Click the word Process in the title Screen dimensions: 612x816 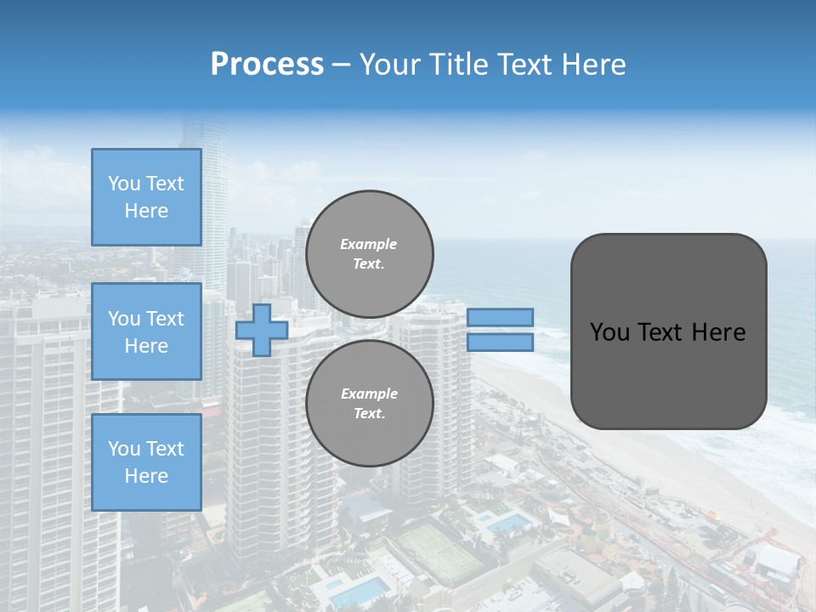pyautogui.click(x=267, y=65)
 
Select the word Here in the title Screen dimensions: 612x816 pyautogui.click(x=592, y=65)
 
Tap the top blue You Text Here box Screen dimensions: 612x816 pyautogui.click(x=146, y=197)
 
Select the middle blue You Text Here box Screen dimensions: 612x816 pyautogui.click(x=146, y=331)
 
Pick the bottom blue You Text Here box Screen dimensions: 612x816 pyautogui.click(x=146, y=462)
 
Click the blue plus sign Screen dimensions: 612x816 pyautogui.click(x=262, y=330)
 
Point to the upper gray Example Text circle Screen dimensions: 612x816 pyautogui.click(x=369, y=253)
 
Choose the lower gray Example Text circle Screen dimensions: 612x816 pyautogui.click(x=369, y=403)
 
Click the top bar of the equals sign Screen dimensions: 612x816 pyautogui.click(x=500, y=317)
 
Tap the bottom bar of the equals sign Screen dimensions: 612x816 pyautogui.click(x=500, y=343)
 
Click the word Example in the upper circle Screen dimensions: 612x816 pyautogui.click(x=368, y=244)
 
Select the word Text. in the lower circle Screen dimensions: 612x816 pyautogui.click(x=369, y=413)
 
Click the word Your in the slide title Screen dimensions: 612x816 pyautogui.click(x=388, y=65)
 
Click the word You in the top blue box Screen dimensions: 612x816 pyautogui.click(x=124, y=184)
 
